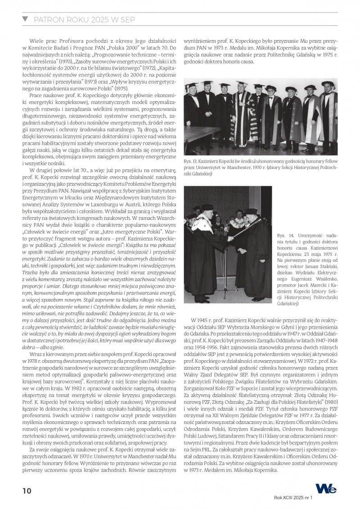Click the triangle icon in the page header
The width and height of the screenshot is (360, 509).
coord(25,19)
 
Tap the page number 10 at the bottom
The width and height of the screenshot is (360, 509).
coord(27,491)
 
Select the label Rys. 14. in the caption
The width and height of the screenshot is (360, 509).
coord(284,235)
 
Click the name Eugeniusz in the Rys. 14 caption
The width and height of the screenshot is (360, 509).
coord(288,272)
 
